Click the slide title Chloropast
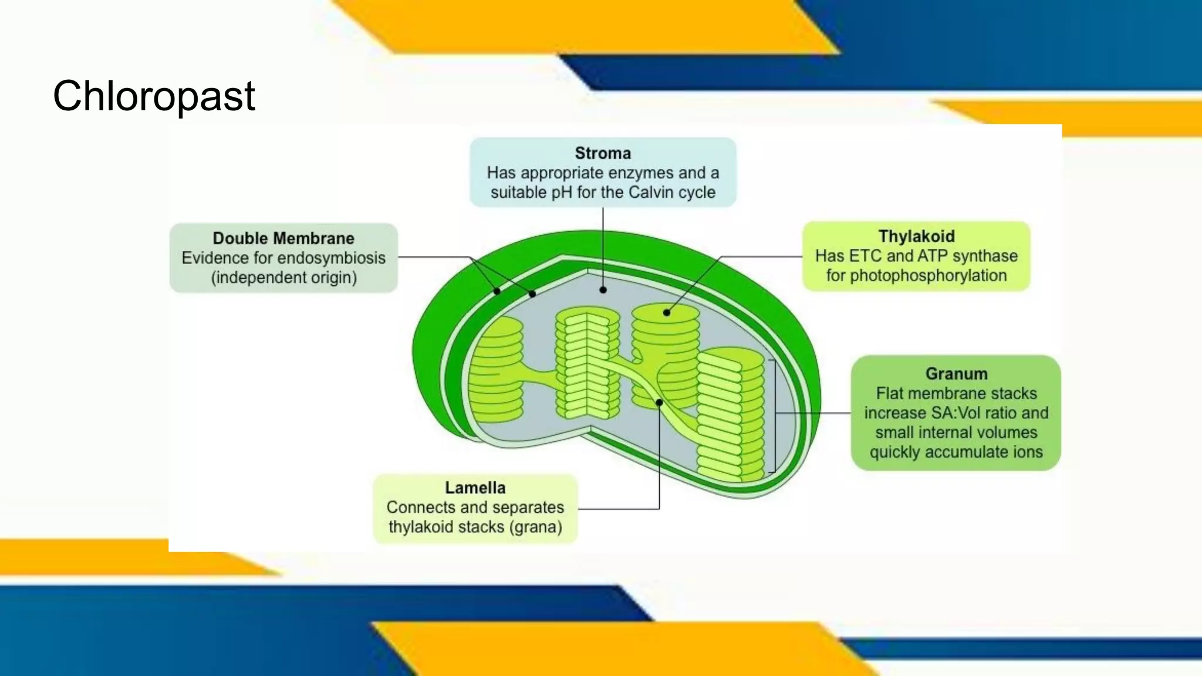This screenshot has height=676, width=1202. coord(154,96)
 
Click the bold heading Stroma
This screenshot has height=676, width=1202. coord(603,153)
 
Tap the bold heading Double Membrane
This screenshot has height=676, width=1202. coord(283,238)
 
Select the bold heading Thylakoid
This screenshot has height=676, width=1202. coord(916,236)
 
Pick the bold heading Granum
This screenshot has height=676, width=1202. coord(956,374)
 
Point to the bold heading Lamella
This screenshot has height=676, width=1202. coord(475,488)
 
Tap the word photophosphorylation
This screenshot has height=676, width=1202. coord(916,276)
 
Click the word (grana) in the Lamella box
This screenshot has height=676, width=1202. coord(535,527)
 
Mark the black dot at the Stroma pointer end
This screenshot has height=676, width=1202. coord(603,290)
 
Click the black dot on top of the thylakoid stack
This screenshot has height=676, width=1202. coord(667,313)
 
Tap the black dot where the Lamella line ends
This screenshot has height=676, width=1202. coord(659,403)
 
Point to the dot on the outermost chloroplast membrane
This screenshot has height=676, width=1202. coord(497,291)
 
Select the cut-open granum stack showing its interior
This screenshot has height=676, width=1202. coord(587,364)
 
